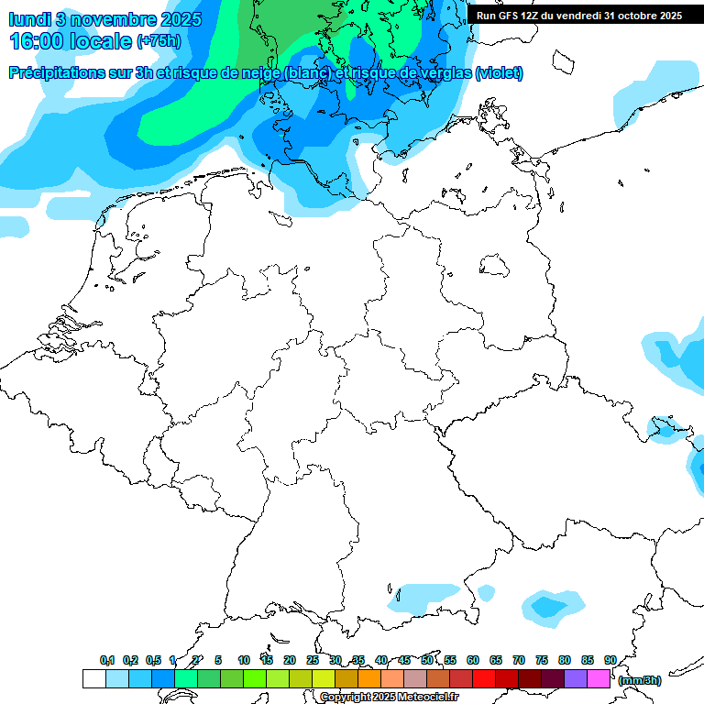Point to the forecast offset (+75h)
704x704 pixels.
click(159, 41)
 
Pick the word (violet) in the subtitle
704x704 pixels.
click(500, 72)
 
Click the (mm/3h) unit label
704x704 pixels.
click(639, 680)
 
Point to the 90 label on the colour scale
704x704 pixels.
click(610, 660)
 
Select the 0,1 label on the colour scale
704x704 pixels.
click(106, 660)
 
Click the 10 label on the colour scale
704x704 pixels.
click(244, 660)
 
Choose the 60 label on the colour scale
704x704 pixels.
click(473, 660)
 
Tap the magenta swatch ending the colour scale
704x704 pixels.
click(599, 678)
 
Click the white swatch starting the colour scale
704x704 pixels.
click(93, 678)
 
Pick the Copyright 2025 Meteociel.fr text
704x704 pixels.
click(389, 698)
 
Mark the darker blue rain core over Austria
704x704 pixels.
click(547, 607)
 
